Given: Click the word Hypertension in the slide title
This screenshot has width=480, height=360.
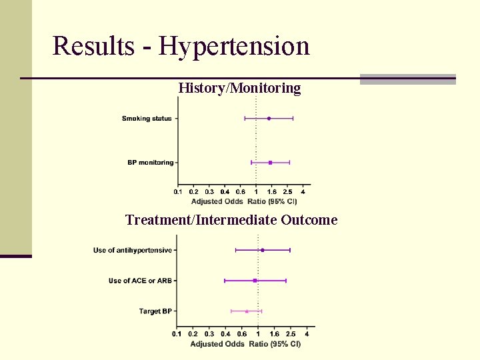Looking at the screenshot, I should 235,47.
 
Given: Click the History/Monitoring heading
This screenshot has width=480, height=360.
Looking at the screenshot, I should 239,88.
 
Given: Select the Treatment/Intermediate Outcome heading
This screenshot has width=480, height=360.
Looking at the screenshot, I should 231,220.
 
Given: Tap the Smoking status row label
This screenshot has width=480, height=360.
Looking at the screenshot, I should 147,119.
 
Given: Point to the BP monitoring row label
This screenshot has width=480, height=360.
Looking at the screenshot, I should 150,163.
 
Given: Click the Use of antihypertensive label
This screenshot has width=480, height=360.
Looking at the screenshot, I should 132,251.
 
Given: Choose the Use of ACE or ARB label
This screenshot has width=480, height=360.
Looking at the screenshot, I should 140,281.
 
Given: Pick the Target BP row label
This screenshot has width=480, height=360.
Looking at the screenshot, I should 155,311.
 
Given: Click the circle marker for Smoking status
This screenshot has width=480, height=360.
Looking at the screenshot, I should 269,119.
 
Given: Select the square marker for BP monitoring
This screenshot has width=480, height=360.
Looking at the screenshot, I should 270,163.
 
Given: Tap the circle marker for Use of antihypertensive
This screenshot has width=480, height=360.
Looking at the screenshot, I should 263,251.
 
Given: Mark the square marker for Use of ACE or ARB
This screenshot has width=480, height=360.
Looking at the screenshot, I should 255,281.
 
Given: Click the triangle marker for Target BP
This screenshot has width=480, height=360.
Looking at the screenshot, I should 247,311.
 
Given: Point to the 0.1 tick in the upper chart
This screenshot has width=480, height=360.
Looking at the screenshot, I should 178,192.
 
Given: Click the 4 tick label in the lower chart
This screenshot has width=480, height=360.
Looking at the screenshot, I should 307,334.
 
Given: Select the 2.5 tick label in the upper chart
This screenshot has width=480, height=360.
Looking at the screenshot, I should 287,192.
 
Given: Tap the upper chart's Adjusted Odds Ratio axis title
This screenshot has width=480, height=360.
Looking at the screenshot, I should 244,201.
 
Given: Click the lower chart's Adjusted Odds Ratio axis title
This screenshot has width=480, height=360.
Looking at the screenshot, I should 245,344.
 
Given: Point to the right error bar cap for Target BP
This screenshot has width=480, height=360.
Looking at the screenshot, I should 261,311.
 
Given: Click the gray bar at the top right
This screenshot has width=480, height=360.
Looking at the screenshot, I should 407,79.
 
